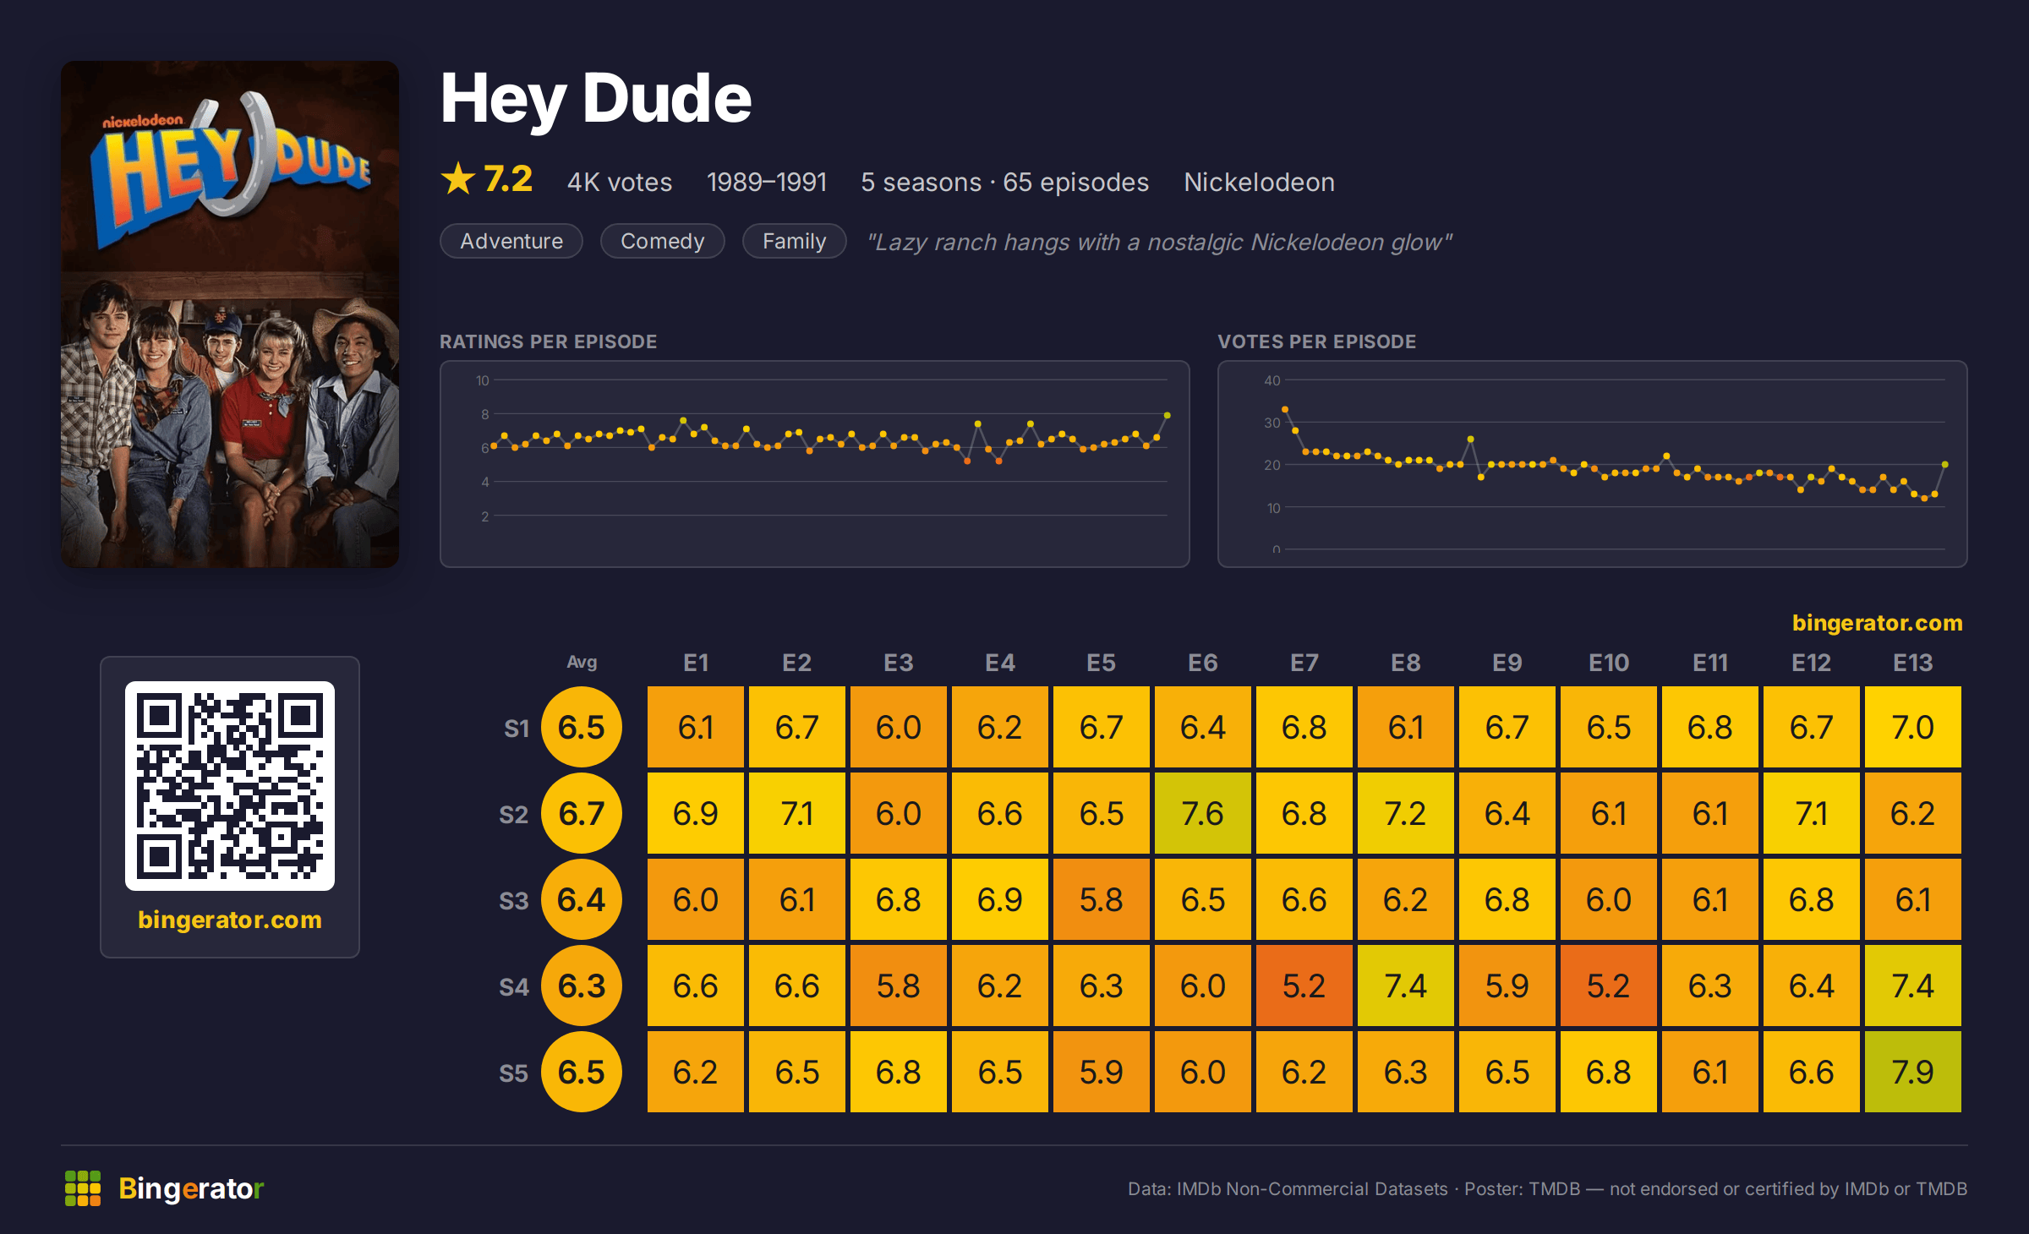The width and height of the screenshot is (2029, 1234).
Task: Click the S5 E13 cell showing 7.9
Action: pyautogui.click(x=1912, y=1072)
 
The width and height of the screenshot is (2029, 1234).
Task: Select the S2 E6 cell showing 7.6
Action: pyautogui.click(x=1202, y=813)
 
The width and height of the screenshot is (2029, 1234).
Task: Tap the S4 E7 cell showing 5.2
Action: pyautogui.click(x=1304, y=986)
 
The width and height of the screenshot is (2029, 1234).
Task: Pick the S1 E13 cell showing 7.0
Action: pyautogui.click(x=1912, y=727)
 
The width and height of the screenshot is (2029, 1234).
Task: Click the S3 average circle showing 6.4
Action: pyautogui.click(x=582, y=899)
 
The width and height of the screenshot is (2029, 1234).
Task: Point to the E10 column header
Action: pyautogui.click(x=1608, y=663)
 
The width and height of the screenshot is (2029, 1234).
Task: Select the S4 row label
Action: pyautogui.click(x=513, y=986)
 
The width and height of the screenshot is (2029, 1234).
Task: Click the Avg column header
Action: pyautogui.click(x=582, y=662)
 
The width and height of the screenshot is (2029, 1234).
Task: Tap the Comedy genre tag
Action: pyautogui.click(x=662, y=241)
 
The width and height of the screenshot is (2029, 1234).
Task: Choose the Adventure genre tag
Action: pyautogui.click(x=511, y=241)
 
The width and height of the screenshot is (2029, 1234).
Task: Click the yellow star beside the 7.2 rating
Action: pyautogui.click(x=458, y=178)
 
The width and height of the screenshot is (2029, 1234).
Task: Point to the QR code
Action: pyautogui.click(x=230, y=786)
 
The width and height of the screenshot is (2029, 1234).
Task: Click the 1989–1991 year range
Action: pyautogui.click(x=766, y=182)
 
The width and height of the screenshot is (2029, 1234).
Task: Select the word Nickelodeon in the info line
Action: pyautogui.click(x=1259, y=182)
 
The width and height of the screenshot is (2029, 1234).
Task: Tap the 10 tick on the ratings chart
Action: pyautogui.click(x=483, y=380)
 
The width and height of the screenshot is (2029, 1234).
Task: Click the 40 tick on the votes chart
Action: pyautogui.click(x=1272, y=380)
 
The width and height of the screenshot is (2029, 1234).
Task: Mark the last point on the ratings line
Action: pyautogui.click(x=1167, y=415)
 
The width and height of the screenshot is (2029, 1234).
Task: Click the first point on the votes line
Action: pyautogui.click(x=1285, y=409)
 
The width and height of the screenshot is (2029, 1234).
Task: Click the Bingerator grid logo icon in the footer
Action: pyautogui.click(x=83, y=1188)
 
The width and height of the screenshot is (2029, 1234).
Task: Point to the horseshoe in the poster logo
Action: pyautogui.click(x=241, y=156)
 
